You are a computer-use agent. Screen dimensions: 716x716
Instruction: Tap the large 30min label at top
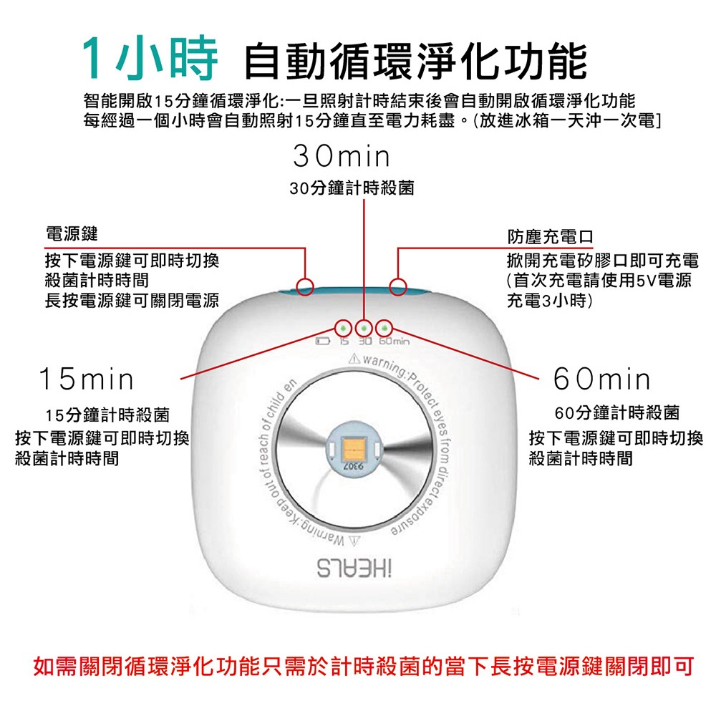(x=342, y=156)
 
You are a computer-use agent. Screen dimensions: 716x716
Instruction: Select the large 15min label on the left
(x=86, y=379)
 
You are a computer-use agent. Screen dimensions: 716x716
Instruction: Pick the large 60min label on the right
(x=602, y=379)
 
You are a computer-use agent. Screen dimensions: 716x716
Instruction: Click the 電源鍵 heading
(x=71, y=234)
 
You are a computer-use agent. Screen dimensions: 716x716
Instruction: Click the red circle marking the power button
(x=306, y=287)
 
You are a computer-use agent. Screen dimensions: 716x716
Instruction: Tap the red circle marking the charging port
(x=399, y=287)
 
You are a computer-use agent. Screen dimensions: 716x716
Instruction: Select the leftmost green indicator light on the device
(x=344, y=328)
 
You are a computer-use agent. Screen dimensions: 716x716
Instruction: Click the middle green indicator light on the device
(x=364, y=328)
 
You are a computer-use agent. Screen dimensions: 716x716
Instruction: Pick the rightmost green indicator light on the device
(x=385, y=328)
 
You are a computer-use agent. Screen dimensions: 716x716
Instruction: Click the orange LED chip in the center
(x=356, y=448)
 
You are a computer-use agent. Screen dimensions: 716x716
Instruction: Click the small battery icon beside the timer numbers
(x=323, y=342)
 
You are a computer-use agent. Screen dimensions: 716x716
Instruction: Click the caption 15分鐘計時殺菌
(x=107, y=415)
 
